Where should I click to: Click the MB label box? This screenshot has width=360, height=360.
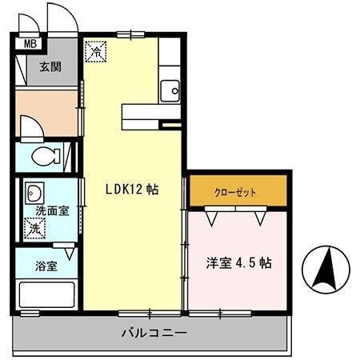(x=30, y=45)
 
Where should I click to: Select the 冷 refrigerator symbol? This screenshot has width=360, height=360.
(x=95, y=51)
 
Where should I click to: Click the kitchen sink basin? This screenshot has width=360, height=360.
(x=170, y=90)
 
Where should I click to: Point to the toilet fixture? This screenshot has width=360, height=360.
(x=48, y=155)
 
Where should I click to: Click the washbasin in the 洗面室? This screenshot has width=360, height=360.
(x=34, y=193)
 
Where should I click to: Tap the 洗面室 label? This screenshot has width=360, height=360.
(x=51, y=211)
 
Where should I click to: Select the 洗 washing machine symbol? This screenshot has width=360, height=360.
(x=34, y=229)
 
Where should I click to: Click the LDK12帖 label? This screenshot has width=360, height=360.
(x=132, y=190)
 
